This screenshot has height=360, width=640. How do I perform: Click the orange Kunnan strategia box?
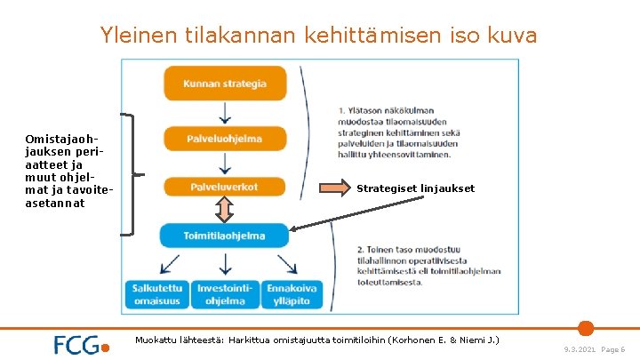[x=225, y=84]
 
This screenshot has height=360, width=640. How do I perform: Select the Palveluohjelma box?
[x=225, y=138]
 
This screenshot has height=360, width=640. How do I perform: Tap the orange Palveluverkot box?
[x=225, y=187]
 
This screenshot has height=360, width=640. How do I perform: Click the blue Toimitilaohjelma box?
[x=224, y=236]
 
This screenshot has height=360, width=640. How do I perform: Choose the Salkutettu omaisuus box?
[x=158, y=294]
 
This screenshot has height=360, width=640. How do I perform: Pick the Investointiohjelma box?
[x=225, y=294]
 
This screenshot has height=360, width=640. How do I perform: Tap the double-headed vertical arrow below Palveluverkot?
[x=225, y=210]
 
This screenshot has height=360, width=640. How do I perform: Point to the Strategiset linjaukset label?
[x=415, y=188]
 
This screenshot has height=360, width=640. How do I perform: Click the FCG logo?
[x=81, y=345]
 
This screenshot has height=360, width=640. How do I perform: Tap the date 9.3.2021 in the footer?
[x=580, y=350]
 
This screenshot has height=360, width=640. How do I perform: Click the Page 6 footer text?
[x=613, y=350]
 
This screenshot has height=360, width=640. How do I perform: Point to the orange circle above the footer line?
[x=585, y=327]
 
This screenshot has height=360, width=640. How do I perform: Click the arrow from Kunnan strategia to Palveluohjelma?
[x=225, y=111]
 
